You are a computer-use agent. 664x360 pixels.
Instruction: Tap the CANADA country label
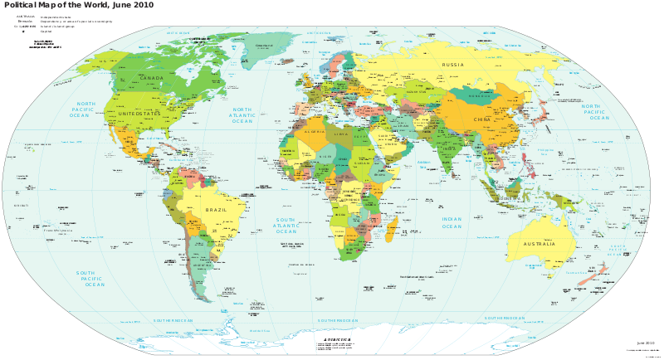coord(151,78)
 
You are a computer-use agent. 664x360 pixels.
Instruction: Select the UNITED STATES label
coord(139,113)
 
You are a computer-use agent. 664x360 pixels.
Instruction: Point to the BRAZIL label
coord(216,209)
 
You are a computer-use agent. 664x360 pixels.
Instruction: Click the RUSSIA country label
coord(453,65)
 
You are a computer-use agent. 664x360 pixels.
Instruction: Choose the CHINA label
coord(482,120)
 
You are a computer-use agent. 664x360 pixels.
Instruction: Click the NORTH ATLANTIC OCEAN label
coord(242,115)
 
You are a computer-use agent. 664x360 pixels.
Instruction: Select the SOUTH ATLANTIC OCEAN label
coord(286,226)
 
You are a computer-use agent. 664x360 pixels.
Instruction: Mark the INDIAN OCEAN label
coord(452,223)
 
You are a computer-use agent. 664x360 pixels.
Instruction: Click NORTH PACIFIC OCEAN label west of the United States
coord(84,110)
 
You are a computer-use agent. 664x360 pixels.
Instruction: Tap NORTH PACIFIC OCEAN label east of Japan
coord(595,112)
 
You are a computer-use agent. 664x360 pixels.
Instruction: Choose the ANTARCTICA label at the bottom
coord(332,340)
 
